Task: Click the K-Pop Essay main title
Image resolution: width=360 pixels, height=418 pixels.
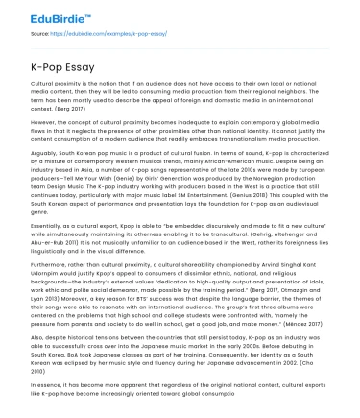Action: point(63,70)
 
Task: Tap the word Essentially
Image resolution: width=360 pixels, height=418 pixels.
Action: point(48,228)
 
